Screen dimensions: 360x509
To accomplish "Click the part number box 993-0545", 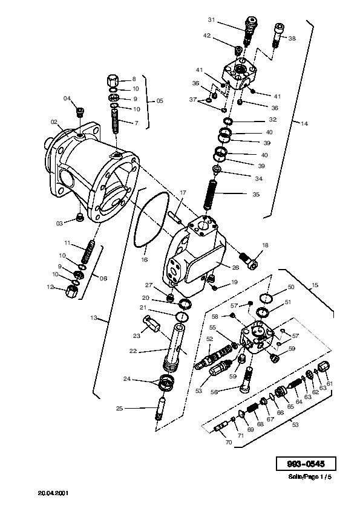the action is (x=306, y=464).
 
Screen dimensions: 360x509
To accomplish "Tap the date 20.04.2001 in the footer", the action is (x=53, y=493).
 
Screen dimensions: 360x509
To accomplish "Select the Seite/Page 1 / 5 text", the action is (x=310, y=477).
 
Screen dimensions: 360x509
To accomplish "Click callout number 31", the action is (x=212, y=20).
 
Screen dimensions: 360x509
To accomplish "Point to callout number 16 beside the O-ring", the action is (x=144, y=259).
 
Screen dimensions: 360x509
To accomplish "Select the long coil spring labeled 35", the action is (x=209, y=195).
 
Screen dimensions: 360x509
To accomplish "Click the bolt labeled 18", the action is (x=249, y=261).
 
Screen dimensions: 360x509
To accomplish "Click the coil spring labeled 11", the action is (x=87, y=252).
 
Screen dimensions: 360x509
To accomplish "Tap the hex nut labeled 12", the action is (x=71, y=290).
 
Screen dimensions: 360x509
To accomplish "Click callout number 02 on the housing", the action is (x=54, y=122).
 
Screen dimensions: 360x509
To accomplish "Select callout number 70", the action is (x=229, y=442).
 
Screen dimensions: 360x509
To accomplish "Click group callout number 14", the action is (x=304, y=124).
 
